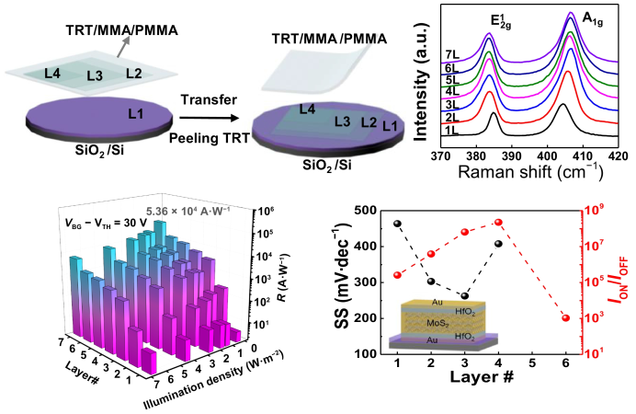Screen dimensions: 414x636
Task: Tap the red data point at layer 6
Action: click(x=565, y=318)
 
